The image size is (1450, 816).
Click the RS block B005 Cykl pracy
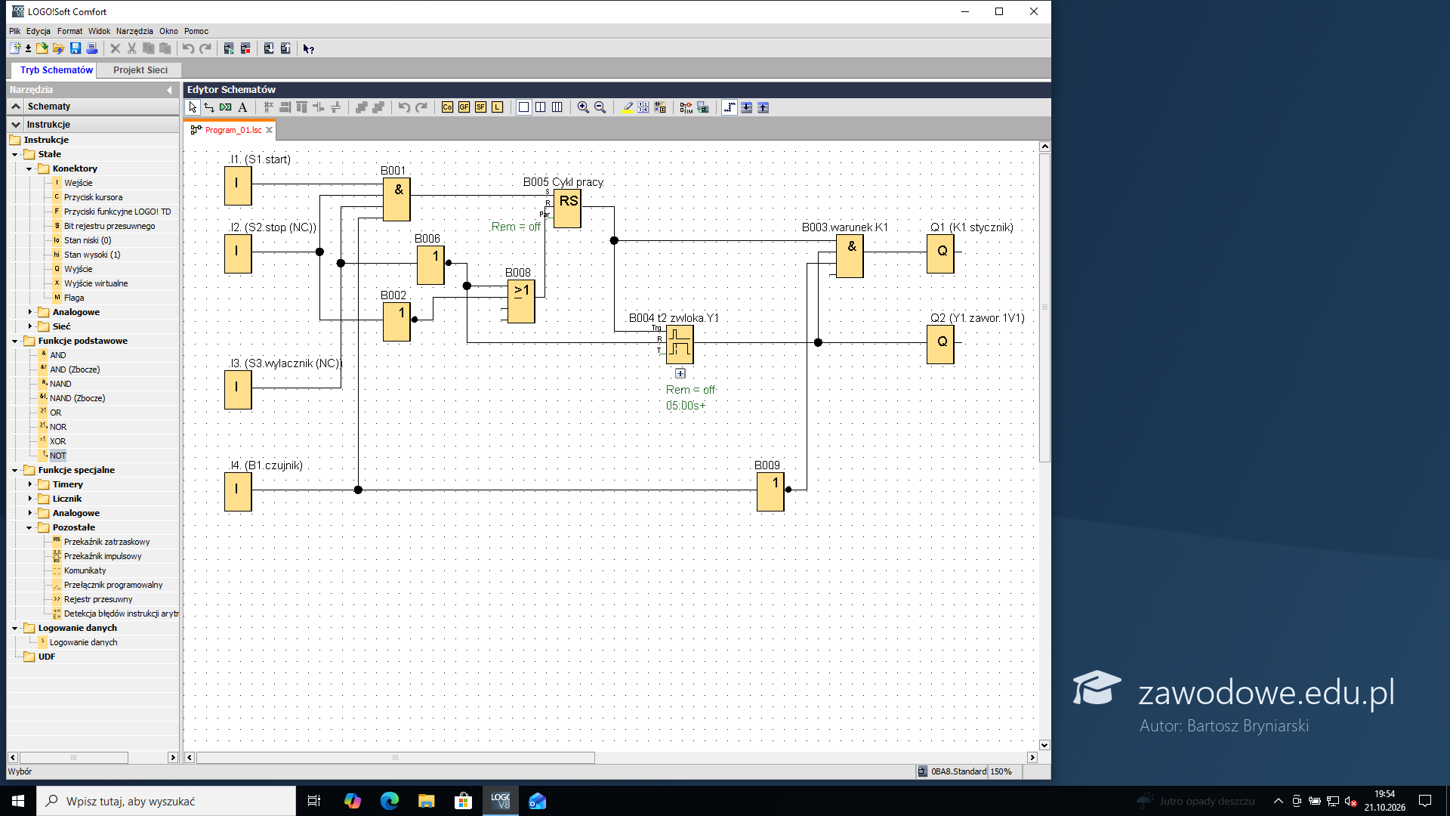568,209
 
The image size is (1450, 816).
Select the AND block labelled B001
396,199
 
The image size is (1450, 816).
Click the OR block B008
521,301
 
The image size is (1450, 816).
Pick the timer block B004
680,345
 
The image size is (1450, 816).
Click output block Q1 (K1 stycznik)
941,254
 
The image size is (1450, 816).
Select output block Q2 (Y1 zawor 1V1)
941,345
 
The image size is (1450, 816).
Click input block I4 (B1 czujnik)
238,492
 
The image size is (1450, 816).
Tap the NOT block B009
770,492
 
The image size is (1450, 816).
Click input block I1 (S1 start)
238,186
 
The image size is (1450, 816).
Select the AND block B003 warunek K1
850,256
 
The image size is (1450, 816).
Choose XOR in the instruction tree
57,441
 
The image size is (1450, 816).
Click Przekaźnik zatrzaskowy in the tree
106,542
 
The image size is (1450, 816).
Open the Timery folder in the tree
67,484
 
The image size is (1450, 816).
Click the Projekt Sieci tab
140,70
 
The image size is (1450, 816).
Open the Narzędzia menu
134,31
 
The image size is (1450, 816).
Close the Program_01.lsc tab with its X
269,130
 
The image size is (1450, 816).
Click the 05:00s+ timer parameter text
686,406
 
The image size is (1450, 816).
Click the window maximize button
999,11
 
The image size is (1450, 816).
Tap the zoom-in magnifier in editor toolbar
583,107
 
